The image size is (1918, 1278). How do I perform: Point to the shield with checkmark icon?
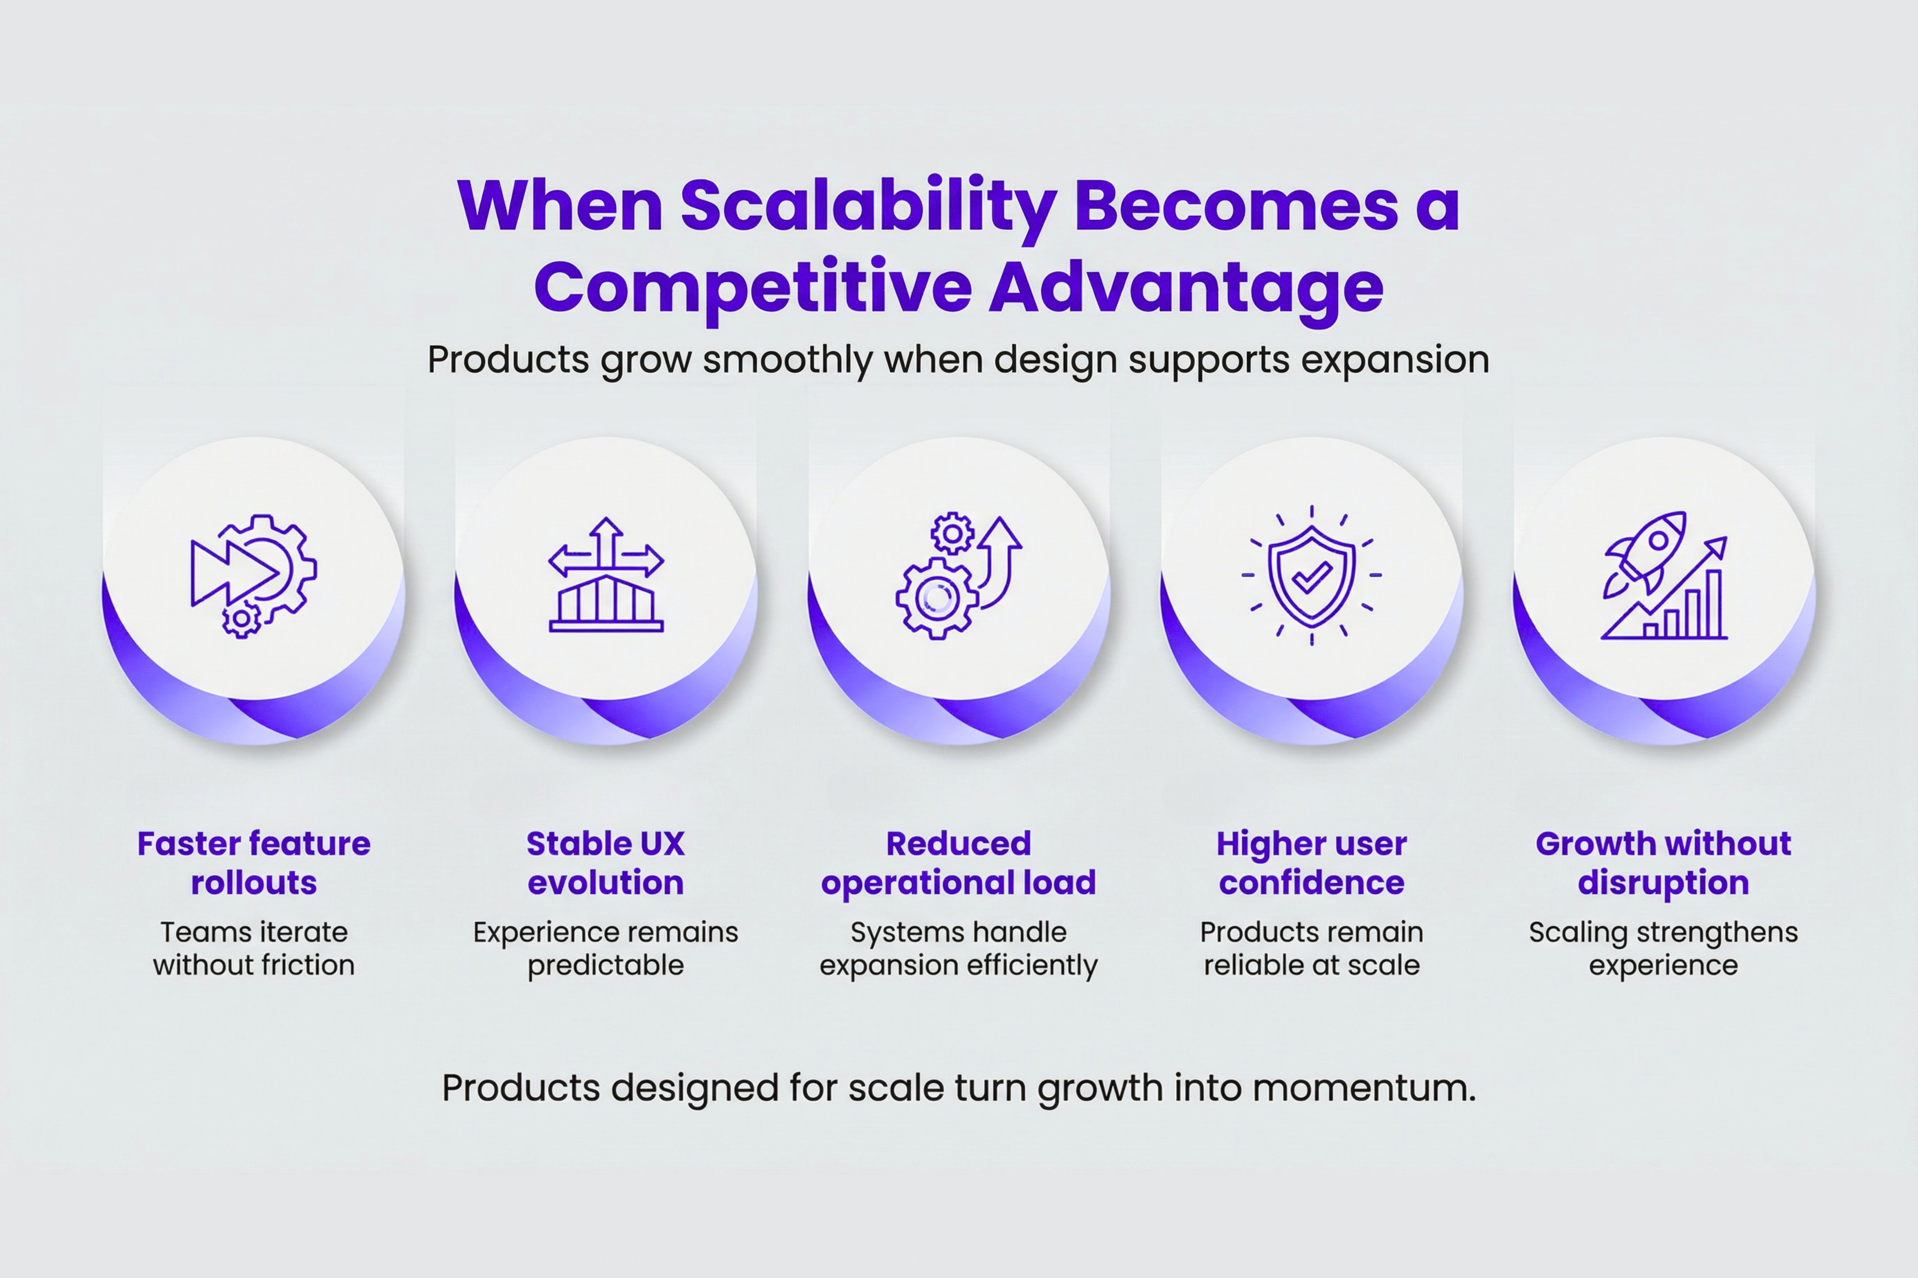(x=1312, y=575)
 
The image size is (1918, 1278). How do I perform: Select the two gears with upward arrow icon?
(x=959, y=575)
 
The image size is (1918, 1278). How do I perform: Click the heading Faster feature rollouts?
(x=254, y=863)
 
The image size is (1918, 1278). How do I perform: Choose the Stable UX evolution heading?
(x=606, y=863)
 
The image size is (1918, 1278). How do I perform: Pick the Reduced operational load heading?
(x=959, y=863)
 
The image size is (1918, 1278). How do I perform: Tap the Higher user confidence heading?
(x=1312, y=863)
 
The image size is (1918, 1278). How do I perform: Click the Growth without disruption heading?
(x=1664, y=863)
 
